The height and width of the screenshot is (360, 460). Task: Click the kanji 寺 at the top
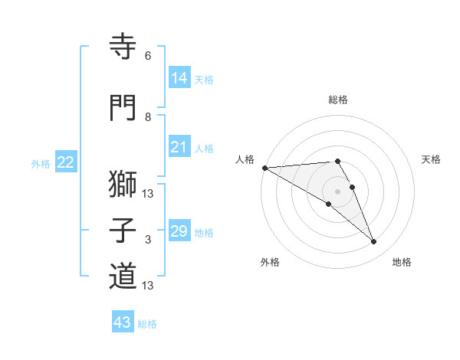point(123,46)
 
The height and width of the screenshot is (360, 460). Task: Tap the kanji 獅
point(123,185)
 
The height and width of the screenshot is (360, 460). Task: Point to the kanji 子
point(123,231)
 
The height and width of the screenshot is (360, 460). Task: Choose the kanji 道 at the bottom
point(123,277)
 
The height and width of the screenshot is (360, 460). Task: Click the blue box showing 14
point(179,78)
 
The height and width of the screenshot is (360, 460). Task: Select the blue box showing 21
point(179,147)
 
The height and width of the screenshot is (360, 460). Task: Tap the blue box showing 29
point(179,231)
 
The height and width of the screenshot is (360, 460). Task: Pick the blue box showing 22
point(66,162)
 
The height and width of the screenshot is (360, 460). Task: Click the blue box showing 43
point(122,322)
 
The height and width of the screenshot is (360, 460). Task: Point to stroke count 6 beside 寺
point(148,56)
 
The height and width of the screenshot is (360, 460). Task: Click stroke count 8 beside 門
point(148,117)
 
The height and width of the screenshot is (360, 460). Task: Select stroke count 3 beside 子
point(148,240)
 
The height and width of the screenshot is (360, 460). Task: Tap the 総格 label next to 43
point(147,324)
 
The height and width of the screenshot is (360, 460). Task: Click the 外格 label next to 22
point(41,163)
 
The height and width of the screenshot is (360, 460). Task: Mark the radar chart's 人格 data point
point(264,168)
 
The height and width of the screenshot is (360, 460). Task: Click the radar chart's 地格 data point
point(374,242)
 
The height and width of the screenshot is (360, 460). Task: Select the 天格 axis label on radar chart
point(432,159)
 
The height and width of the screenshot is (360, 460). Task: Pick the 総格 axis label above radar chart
point(337,100)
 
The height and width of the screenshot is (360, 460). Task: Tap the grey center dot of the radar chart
point(337,191)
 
